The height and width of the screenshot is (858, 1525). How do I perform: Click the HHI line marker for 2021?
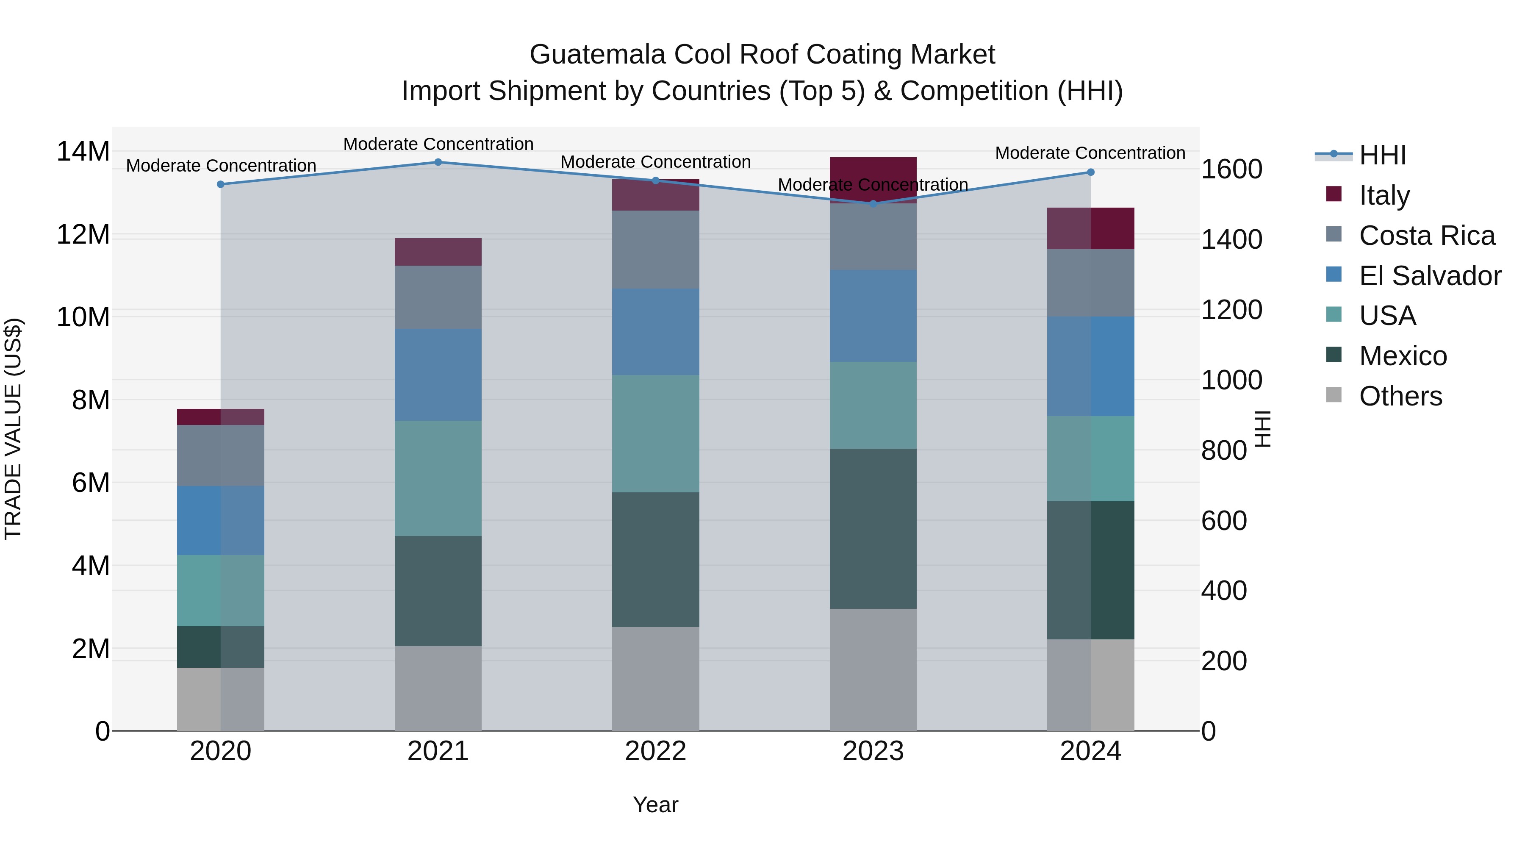pyautogui.click(x=438, y=162)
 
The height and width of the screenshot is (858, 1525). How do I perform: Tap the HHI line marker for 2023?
pyautogui.click(x=873, y=204)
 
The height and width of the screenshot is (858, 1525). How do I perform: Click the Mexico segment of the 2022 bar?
pyautogui.click(x=655, y=560)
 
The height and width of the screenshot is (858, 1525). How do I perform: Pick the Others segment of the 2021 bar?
pyautogui.click(x=438, y=688)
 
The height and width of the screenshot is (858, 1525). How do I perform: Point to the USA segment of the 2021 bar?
pyautogui.click(x=438, y=478)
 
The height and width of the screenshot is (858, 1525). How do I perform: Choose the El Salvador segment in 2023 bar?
pyautogui.click(x=873, y=316)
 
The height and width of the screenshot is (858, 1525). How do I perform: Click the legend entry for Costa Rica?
pyautogui.click(x=1427, y=236)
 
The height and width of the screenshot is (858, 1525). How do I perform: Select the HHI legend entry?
pyautogui.click(x=1382, y=155)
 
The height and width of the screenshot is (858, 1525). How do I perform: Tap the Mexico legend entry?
pyautogui.click(x=1403, y=356)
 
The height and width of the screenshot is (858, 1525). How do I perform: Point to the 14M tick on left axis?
pyautogui.click(x=83, y=152)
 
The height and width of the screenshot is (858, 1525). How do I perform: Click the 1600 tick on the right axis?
pyautogui.click(x=1231, y=169)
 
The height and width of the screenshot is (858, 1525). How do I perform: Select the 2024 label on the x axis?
pyautogui.click(x=1090, y=751)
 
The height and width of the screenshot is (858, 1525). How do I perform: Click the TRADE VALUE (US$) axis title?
pyautogui.click(x=13, y=429)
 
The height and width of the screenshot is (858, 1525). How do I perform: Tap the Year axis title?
pyautogui.click(x=655, y=805)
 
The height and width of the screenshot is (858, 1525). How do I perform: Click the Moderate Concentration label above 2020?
pyautogui.click(x=221, y=166)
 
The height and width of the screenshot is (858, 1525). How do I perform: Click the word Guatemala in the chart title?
pyautogui.click(x=597, y=55)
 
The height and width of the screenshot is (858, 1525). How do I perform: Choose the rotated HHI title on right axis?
pyautogui.click(x=1263, y=429)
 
